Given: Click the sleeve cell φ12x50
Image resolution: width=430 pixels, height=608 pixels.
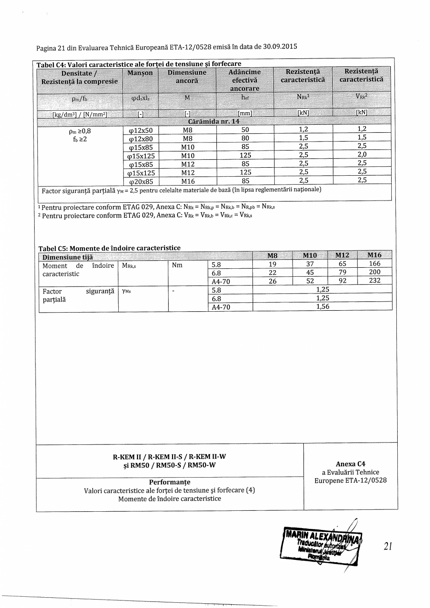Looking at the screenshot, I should tap(141, 130).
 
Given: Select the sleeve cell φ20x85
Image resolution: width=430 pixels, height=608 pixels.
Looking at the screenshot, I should tap(141, 181).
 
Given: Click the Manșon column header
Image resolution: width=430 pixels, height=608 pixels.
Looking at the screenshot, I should tap(140, 73).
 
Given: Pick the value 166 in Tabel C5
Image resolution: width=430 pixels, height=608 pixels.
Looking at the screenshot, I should tap(374, 264).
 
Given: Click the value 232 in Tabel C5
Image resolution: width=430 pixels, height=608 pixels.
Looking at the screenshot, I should tap(374, 281).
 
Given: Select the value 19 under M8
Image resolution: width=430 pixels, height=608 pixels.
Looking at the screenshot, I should tap(272, 264).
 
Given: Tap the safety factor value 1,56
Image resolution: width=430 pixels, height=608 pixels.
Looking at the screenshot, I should tap(323, 307).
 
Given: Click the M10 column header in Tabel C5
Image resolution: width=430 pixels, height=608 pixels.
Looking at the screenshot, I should tap(310, 255).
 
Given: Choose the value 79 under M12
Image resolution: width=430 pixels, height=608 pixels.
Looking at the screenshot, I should tap(342, 272).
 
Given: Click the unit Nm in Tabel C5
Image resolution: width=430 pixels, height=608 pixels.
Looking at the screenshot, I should tap(178, 265).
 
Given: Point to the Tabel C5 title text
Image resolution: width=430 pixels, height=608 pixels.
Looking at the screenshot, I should tap(109, 247).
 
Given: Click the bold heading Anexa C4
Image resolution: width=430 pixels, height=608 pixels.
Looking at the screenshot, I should tap(351, 464).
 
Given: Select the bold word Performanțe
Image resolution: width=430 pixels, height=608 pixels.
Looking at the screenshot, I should tap(170, 482).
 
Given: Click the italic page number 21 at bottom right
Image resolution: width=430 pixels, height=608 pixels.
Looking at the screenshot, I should tap(387, 546).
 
